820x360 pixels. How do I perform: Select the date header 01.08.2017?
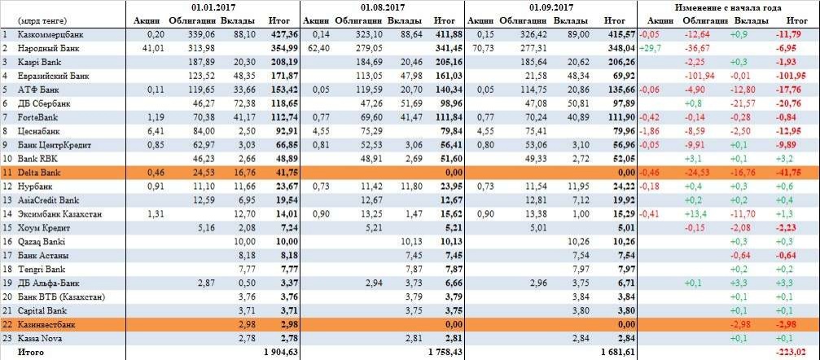click(383, 7)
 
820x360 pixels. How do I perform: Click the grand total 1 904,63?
click(280, 352)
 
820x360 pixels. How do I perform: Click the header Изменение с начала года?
click(729, 7)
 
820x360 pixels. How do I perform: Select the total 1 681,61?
click(617, 352)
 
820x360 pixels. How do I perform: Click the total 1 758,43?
click(445, 352)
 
